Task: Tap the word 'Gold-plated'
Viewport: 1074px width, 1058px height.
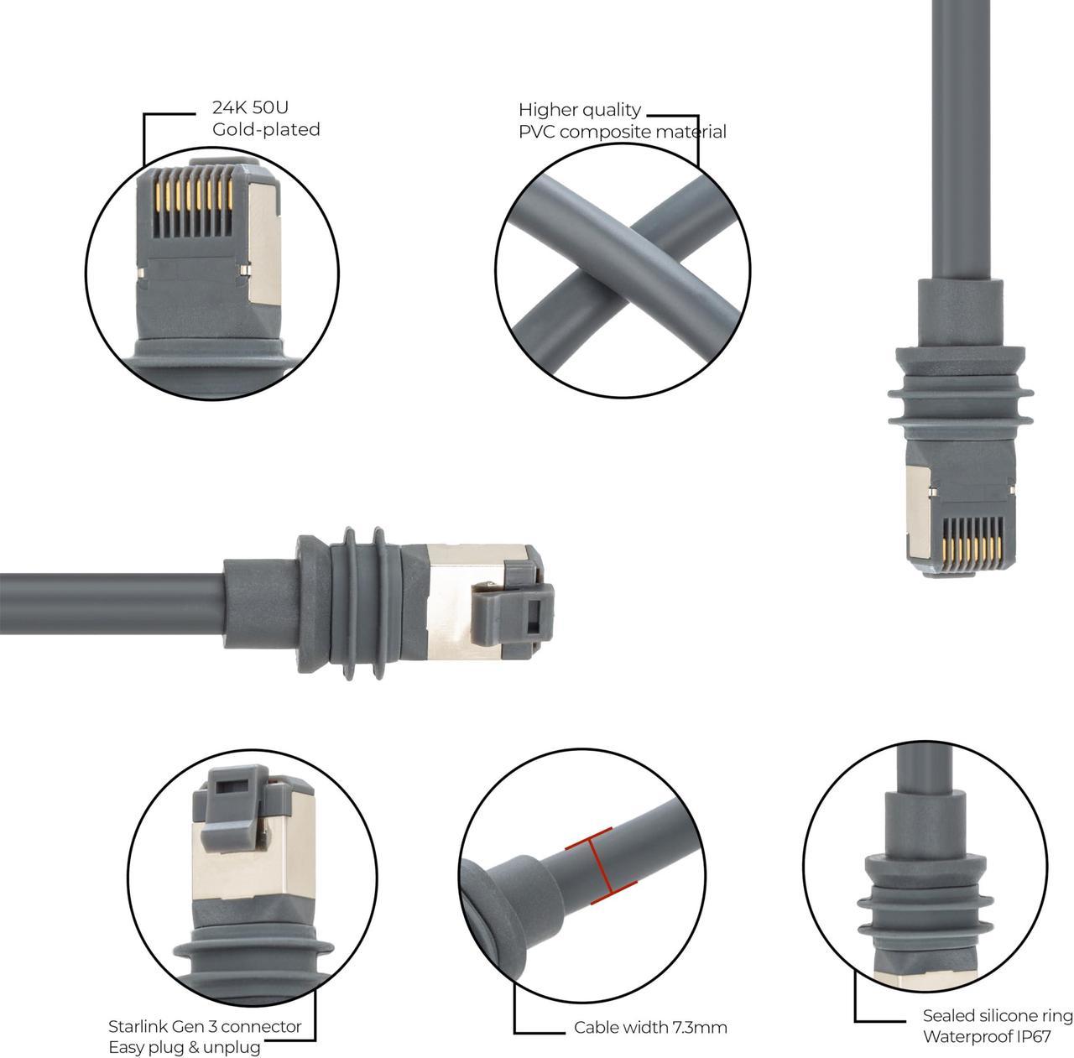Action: coord(265,129)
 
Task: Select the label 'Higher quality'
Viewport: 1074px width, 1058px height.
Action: coord(580,110)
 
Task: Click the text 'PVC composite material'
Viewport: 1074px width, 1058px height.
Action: coord(622,132)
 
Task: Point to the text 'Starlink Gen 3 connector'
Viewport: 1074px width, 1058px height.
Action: coord(205,1026)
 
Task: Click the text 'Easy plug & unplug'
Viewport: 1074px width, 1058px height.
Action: coord(184,1047)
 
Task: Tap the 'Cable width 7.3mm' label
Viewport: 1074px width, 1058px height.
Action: coord(650,1027)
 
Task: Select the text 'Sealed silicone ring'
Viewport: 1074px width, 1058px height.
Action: coord(998,1016)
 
